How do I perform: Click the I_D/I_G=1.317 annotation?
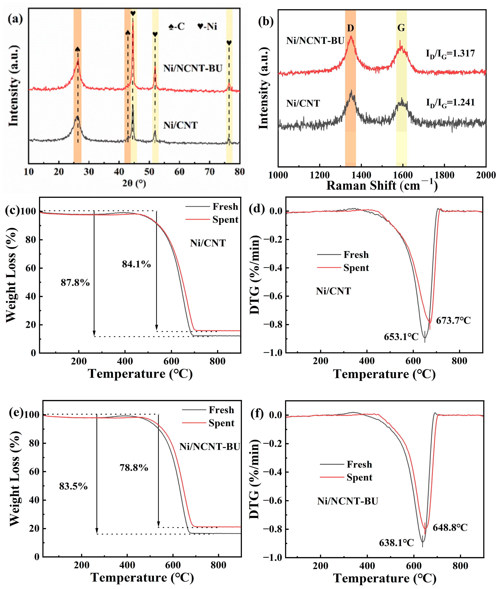pos(450,54)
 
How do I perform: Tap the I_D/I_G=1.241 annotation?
pos(450,103)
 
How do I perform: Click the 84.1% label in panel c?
pos(136,264)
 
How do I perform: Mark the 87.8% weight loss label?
pos(75,283)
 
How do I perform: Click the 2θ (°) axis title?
pos(134,183)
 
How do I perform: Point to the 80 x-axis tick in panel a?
pos(239,172)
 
